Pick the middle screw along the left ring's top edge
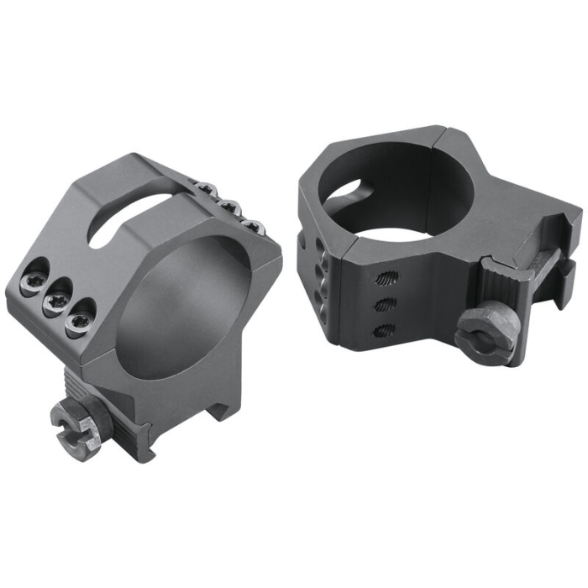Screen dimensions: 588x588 click(x=228, y=207)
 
